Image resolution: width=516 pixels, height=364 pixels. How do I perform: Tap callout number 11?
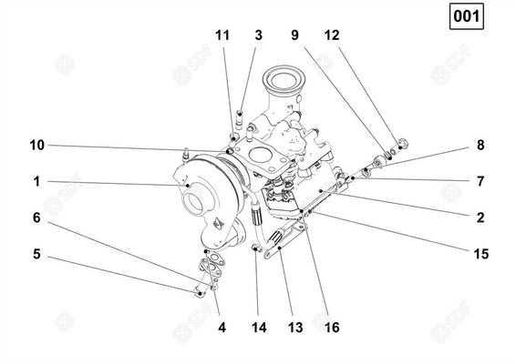pos(222,35)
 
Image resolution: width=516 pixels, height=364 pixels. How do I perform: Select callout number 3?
pos(259,35)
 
